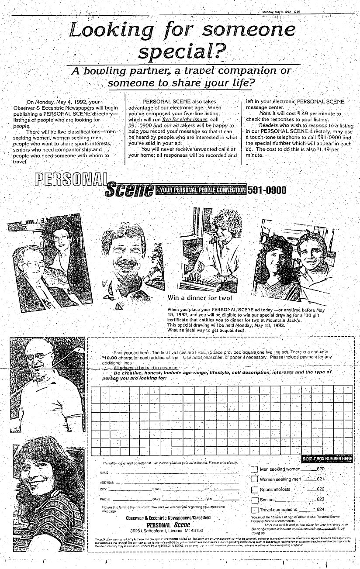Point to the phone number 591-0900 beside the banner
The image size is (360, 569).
click(x=267, y=190)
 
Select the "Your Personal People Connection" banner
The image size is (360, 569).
click(x=201, y=190)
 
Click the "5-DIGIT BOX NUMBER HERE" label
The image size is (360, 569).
click(x=326, y=459)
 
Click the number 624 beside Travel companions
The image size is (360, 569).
click(x=320, y=510)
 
